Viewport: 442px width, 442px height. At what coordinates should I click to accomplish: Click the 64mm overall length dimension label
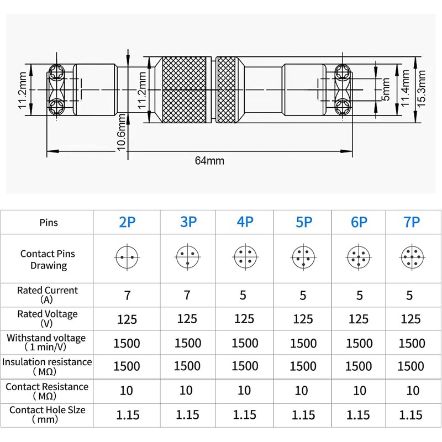[x=209, y=161]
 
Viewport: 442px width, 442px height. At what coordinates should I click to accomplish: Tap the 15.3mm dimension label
[x=421, y=88]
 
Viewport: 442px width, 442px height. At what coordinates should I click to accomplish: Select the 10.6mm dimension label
[x=121, y=133]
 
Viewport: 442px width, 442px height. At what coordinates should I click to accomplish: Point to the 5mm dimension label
[x=385, y=89]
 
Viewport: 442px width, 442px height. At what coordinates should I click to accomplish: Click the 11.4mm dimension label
[x=405, y=88]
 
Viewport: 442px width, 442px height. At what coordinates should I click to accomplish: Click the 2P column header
[x=127, y=222]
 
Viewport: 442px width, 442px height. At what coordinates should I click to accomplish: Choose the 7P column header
[x=412, y=222]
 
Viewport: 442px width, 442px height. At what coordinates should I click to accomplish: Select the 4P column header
[x=245, y=222]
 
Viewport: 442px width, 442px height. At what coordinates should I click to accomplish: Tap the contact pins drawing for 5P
[x=303, y=257]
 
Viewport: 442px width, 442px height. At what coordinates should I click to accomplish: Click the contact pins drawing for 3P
[x=187, y=257]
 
